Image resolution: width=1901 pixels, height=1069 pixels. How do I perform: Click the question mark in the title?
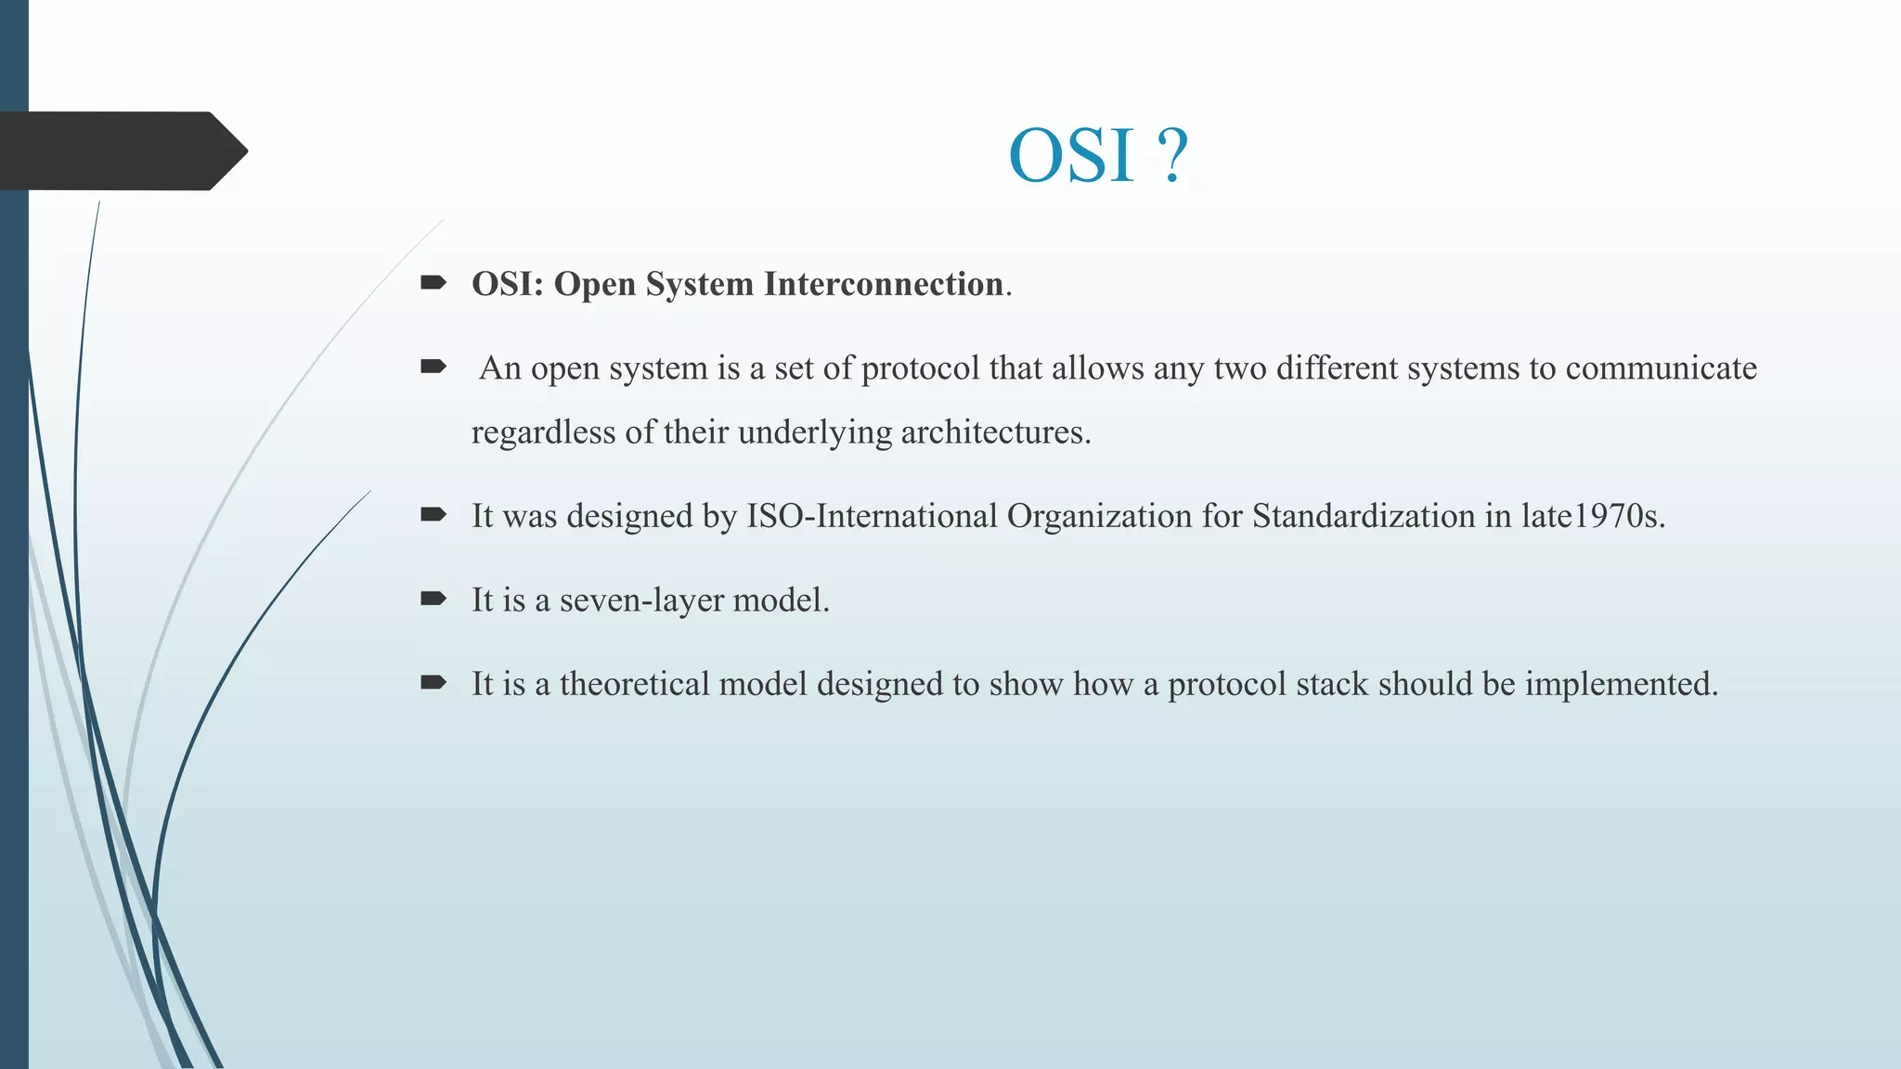pyautogui.click(x=1173, y=155)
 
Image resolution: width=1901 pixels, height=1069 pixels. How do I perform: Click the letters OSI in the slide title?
pyautogui.click(x=1071, y=155)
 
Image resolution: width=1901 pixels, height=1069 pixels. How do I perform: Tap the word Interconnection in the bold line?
pyautogui.click(x=883, y=284)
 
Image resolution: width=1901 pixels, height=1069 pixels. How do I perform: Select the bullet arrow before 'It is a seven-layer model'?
pyautogui.click(x=433, y=599)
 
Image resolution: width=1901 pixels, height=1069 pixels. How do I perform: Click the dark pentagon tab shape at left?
pyautogui.click(x=121, y=151)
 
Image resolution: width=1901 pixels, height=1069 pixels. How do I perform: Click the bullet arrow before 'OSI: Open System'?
pyautogui.click(x=433, y=282)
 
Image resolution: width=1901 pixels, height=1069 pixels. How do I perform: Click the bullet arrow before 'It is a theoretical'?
pyautogui.click(x=433, y=683)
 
